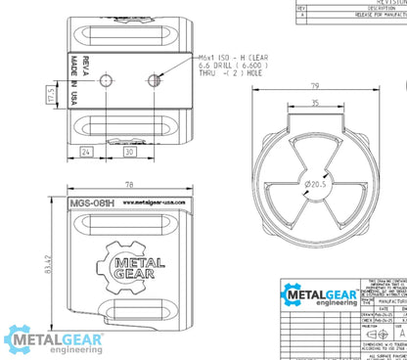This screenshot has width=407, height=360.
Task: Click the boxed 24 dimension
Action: click(x=87, y=151)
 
